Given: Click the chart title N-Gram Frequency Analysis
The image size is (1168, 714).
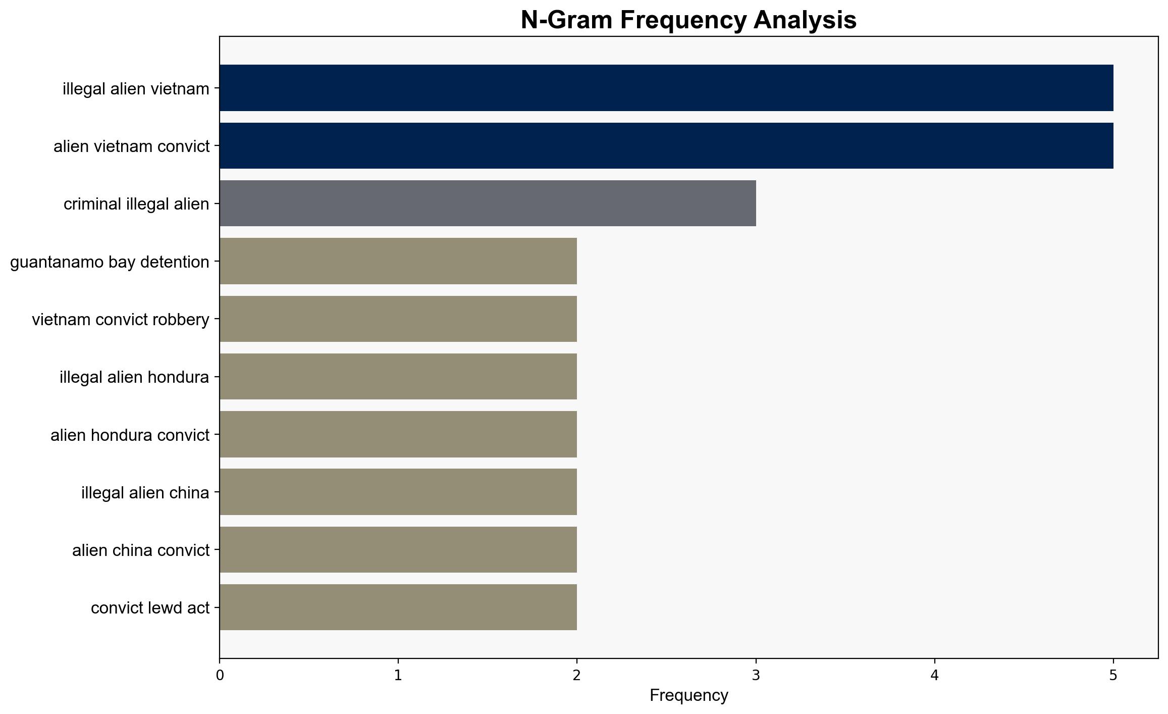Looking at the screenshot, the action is coord(688,20).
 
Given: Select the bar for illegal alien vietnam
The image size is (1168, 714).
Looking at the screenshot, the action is coord(666,88).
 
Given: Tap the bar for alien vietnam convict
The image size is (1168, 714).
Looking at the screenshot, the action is coord(666,145).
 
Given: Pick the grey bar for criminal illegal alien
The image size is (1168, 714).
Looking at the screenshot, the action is coord(488,203).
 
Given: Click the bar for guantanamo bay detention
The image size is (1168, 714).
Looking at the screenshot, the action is coord(398,261).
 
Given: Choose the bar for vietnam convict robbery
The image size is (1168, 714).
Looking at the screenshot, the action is coord(398,319).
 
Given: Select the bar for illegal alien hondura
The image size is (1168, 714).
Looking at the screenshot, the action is coord(398,377).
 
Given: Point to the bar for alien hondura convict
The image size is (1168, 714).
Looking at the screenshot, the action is coord(398,434).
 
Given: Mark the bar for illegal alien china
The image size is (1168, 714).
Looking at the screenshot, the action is coord(398,492).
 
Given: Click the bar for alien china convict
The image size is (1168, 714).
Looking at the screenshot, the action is coord(398,549).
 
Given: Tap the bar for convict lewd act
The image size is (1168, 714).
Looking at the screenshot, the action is coord(398,607).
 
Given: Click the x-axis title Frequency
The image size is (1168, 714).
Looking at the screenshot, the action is coord(688,696).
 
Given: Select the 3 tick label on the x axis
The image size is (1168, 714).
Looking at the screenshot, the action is coord(756,676).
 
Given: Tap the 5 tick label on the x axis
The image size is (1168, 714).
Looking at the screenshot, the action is coord(1113,676).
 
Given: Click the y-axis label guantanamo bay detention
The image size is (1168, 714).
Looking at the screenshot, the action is coord(110,262).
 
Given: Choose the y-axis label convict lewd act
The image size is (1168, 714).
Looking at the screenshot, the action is coord(150,608).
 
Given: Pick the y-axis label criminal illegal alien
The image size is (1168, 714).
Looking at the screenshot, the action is coord(136,204).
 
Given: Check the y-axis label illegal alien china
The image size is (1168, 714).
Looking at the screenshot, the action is coord(145,493).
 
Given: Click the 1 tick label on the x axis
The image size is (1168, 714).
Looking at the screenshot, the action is coord(398,676).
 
